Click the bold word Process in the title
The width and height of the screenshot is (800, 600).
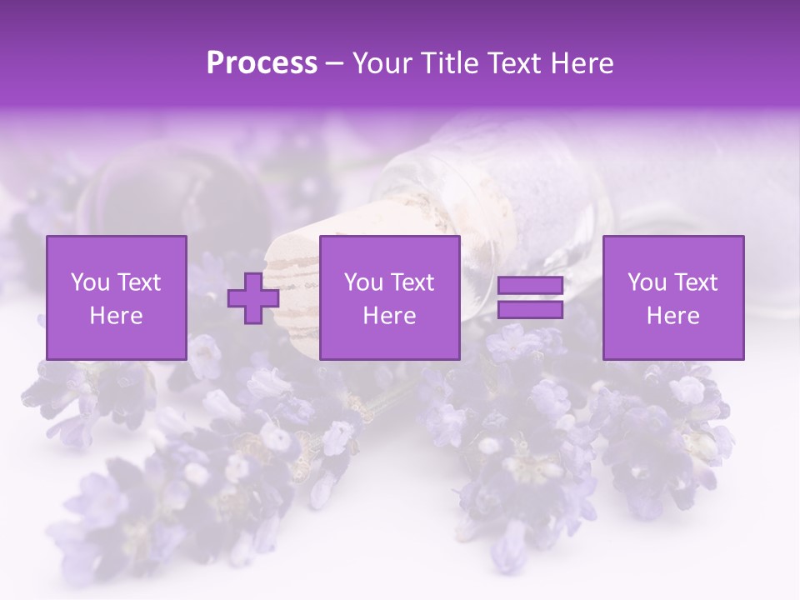coord(262,62)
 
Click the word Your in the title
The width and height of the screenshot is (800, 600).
coord(380,62)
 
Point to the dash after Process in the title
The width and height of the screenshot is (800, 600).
coord(335,63)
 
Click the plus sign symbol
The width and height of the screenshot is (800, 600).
coord(253,298)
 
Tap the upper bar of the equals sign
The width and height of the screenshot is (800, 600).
coord(530,286)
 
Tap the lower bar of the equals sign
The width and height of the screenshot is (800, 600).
coord(530,310)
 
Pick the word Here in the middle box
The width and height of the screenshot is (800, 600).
coord(390,316)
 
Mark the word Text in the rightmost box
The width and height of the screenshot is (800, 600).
coord(695,282)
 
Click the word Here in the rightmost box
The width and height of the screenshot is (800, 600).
coord(673,316)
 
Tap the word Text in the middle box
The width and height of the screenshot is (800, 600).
coord(412,282)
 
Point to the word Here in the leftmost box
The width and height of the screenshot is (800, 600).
coord(117,316)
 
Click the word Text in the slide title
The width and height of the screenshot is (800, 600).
coord(511,62)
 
